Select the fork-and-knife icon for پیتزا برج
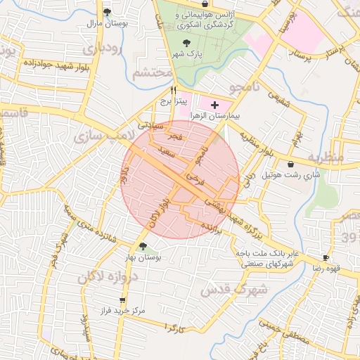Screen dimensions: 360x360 tap(174, 90)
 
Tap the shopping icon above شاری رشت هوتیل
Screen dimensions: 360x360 tap(291, 164)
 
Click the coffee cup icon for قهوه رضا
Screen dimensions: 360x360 tap(325, 258)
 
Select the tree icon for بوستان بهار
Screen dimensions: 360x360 tap(143, 246)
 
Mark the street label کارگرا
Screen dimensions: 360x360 tap(172, 328)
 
